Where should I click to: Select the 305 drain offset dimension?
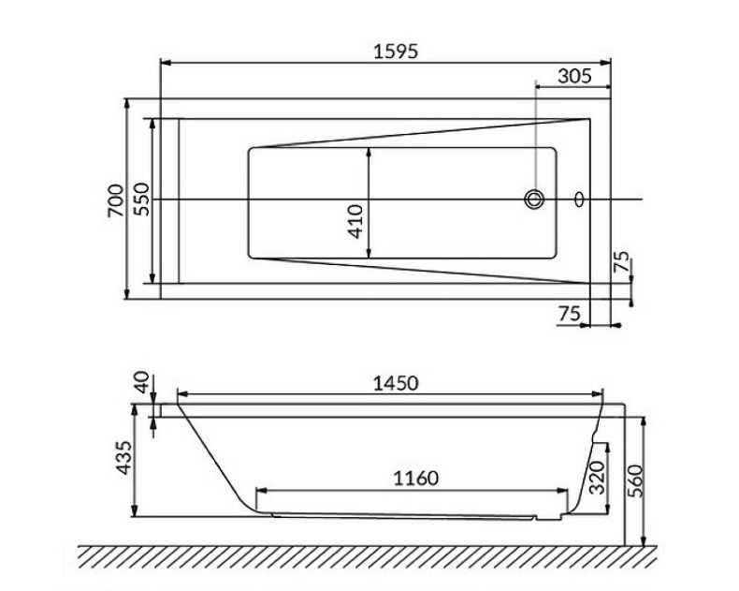[572, 77]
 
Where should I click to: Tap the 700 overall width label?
[114, 199]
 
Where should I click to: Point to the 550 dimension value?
[140, 199]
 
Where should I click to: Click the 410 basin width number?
[356, 221]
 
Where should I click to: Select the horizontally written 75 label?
[569, 314]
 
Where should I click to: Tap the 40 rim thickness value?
[141, 382]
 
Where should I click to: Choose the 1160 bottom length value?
[412, 478]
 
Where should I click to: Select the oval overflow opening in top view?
[579, 199]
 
